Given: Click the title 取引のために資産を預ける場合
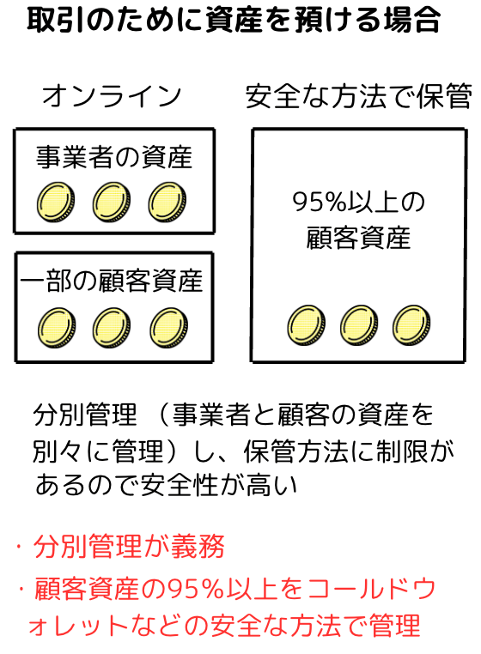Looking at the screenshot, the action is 234,20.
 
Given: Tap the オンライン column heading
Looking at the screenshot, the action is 112,95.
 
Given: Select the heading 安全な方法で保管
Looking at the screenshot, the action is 359,95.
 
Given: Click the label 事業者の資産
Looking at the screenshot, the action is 114,157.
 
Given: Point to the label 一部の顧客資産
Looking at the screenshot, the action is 112,281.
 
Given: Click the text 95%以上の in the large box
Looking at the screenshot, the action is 358,202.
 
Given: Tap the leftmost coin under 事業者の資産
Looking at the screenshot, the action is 56,202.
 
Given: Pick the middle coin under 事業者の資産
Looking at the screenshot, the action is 112,202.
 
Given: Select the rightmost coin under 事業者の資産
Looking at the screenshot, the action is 167,202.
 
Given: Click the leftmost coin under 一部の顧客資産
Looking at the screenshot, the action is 57,327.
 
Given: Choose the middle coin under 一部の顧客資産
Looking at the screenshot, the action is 112,327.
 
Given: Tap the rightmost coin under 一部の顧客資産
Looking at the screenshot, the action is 168,327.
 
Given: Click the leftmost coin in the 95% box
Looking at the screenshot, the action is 307,325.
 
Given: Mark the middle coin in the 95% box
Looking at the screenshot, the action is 359,325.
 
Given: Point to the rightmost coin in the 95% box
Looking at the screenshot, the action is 411,325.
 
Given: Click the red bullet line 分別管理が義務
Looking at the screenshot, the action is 129,546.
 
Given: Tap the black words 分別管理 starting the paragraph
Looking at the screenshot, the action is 85,415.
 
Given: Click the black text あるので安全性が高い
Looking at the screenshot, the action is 166,485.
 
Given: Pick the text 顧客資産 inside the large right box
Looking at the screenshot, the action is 358,238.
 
